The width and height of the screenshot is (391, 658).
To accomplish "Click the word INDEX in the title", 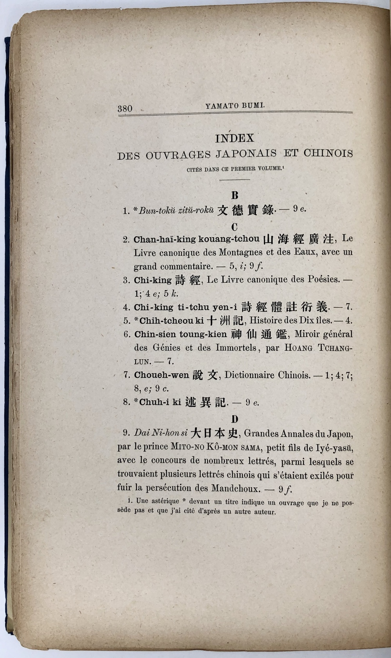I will pyautogui.click(x=235, y=138).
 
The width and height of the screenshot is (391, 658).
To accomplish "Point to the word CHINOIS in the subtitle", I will pyautogui.click(x=328, y=153).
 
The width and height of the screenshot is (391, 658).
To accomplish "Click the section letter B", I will pyautogui.click(x=235, y=195).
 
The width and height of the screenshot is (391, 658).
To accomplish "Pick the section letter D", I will pyautogui.click(x=235, y=419).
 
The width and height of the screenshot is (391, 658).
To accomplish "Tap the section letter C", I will pyautogui.click(x=235, y=226).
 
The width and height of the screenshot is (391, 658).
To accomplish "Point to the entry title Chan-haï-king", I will pyautogui.click(x=158, y=239).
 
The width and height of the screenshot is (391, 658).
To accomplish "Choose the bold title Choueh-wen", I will pyautogui.click(x=161, y=375).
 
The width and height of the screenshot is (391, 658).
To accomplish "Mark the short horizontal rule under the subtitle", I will pyautogui.click(x=235, y=180).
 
